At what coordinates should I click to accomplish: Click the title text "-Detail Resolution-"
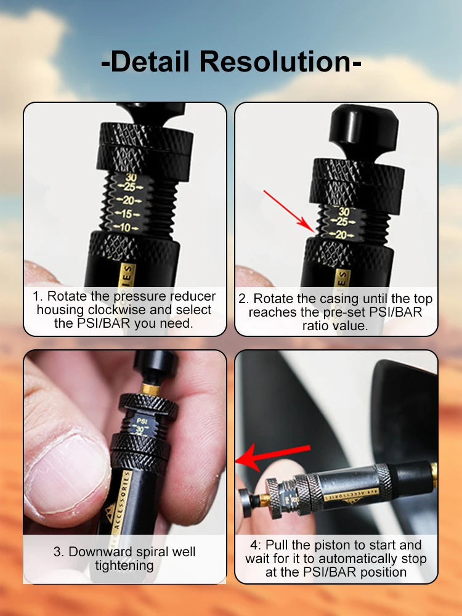coord(231,63)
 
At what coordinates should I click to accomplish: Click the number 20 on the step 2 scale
coord(342,234)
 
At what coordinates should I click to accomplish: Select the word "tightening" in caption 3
coord(124,565)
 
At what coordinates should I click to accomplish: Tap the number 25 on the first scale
coord(129,187)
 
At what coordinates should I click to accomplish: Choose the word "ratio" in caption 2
coord(318,326)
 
